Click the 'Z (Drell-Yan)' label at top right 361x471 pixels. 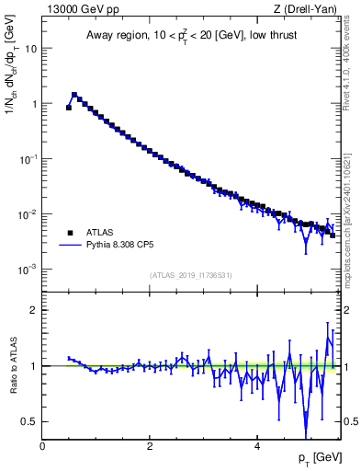[309, 10]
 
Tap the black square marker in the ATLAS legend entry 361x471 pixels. [70, 233]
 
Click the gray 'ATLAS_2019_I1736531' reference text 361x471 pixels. [191, 275]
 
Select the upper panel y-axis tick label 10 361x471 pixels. [31, 49]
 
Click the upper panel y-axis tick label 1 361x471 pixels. [34, 104]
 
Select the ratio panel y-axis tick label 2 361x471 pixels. [34, 310]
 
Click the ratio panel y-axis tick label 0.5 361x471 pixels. [30, 421]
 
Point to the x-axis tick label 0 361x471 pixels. [42, 446]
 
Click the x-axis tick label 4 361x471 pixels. [257, 446]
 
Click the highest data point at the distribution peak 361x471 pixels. [74, 94]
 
